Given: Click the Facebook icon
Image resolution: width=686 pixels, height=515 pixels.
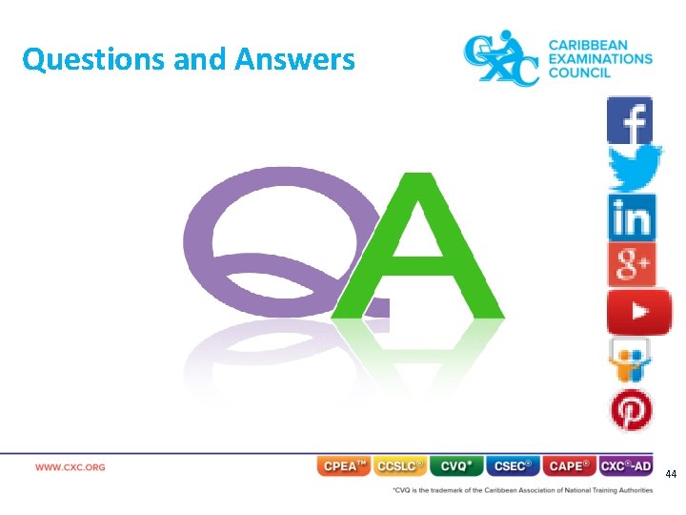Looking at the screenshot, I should pyautogui.click(x=630, y=120).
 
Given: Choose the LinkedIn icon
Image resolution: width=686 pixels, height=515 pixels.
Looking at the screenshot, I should pyautogui.click(x=630, y=216).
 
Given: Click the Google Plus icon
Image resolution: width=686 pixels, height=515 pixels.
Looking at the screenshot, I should pyautogui.click(x=631, y=264).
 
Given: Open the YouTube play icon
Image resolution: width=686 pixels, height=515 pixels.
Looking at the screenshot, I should pyautogui.click(x=636, y=311).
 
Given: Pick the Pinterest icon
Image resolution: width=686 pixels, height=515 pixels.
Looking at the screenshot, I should pyautogui.click(x=631, y=411).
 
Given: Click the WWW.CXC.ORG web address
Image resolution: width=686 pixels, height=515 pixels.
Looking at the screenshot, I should pyautogui.click(x=71, y=467).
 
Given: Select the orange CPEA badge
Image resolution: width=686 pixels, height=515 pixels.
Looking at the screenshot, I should pyautogui.click(x=343, y=466).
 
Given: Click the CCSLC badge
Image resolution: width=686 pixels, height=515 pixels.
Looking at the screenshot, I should pyautogui.click(x=400, y=466).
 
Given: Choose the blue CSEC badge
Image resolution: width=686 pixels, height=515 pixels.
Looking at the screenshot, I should pyautogui.click(x=513, y=466).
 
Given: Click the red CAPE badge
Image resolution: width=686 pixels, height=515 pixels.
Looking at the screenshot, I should pyautogui.click(x=569, y=466).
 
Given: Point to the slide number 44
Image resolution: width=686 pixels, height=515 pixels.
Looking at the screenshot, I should pyautogui.click(x=671, y=474).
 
